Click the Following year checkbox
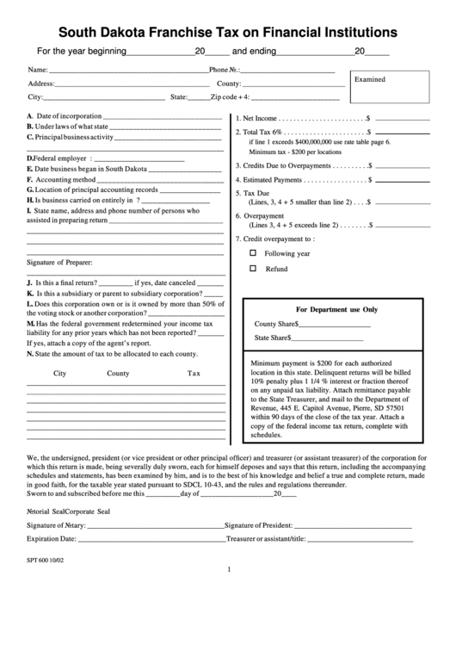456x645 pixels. pos(253,253)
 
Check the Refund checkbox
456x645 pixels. pos(253,269)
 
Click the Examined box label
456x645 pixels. pos(370,79)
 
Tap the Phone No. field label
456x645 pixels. pos(223,69)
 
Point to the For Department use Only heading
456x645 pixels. pos(336,308)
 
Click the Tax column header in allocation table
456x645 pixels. pos(194,374)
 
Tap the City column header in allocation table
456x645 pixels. pos(59,374)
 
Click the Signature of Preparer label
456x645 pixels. pos(59,261)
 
